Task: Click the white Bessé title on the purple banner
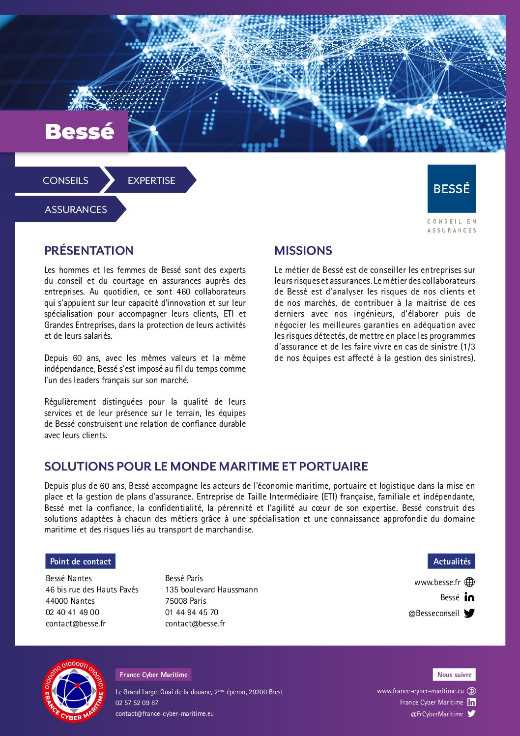(79, 131)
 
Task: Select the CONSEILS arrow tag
(65, 180)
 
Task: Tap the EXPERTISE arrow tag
(151, 180)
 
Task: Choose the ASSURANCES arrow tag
(76, 209)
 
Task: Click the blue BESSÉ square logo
(451, 188)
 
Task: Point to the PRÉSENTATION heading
(88, 250)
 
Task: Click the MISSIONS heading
(303, 250)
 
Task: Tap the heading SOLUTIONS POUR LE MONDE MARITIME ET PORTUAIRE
(206, 466)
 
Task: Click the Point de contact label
(80, 561)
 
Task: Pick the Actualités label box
(451, 561)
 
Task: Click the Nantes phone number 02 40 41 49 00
(72, 612)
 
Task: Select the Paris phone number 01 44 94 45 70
(192, 612)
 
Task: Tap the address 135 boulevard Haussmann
(211, 589)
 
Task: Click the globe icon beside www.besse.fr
(469, 582)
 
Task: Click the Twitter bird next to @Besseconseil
(469, 613)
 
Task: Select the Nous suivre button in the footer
(454, 675)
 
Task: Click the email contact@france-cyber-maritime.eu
(165, 713)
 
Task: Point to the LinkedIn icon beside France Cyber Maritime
(471, 702)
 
